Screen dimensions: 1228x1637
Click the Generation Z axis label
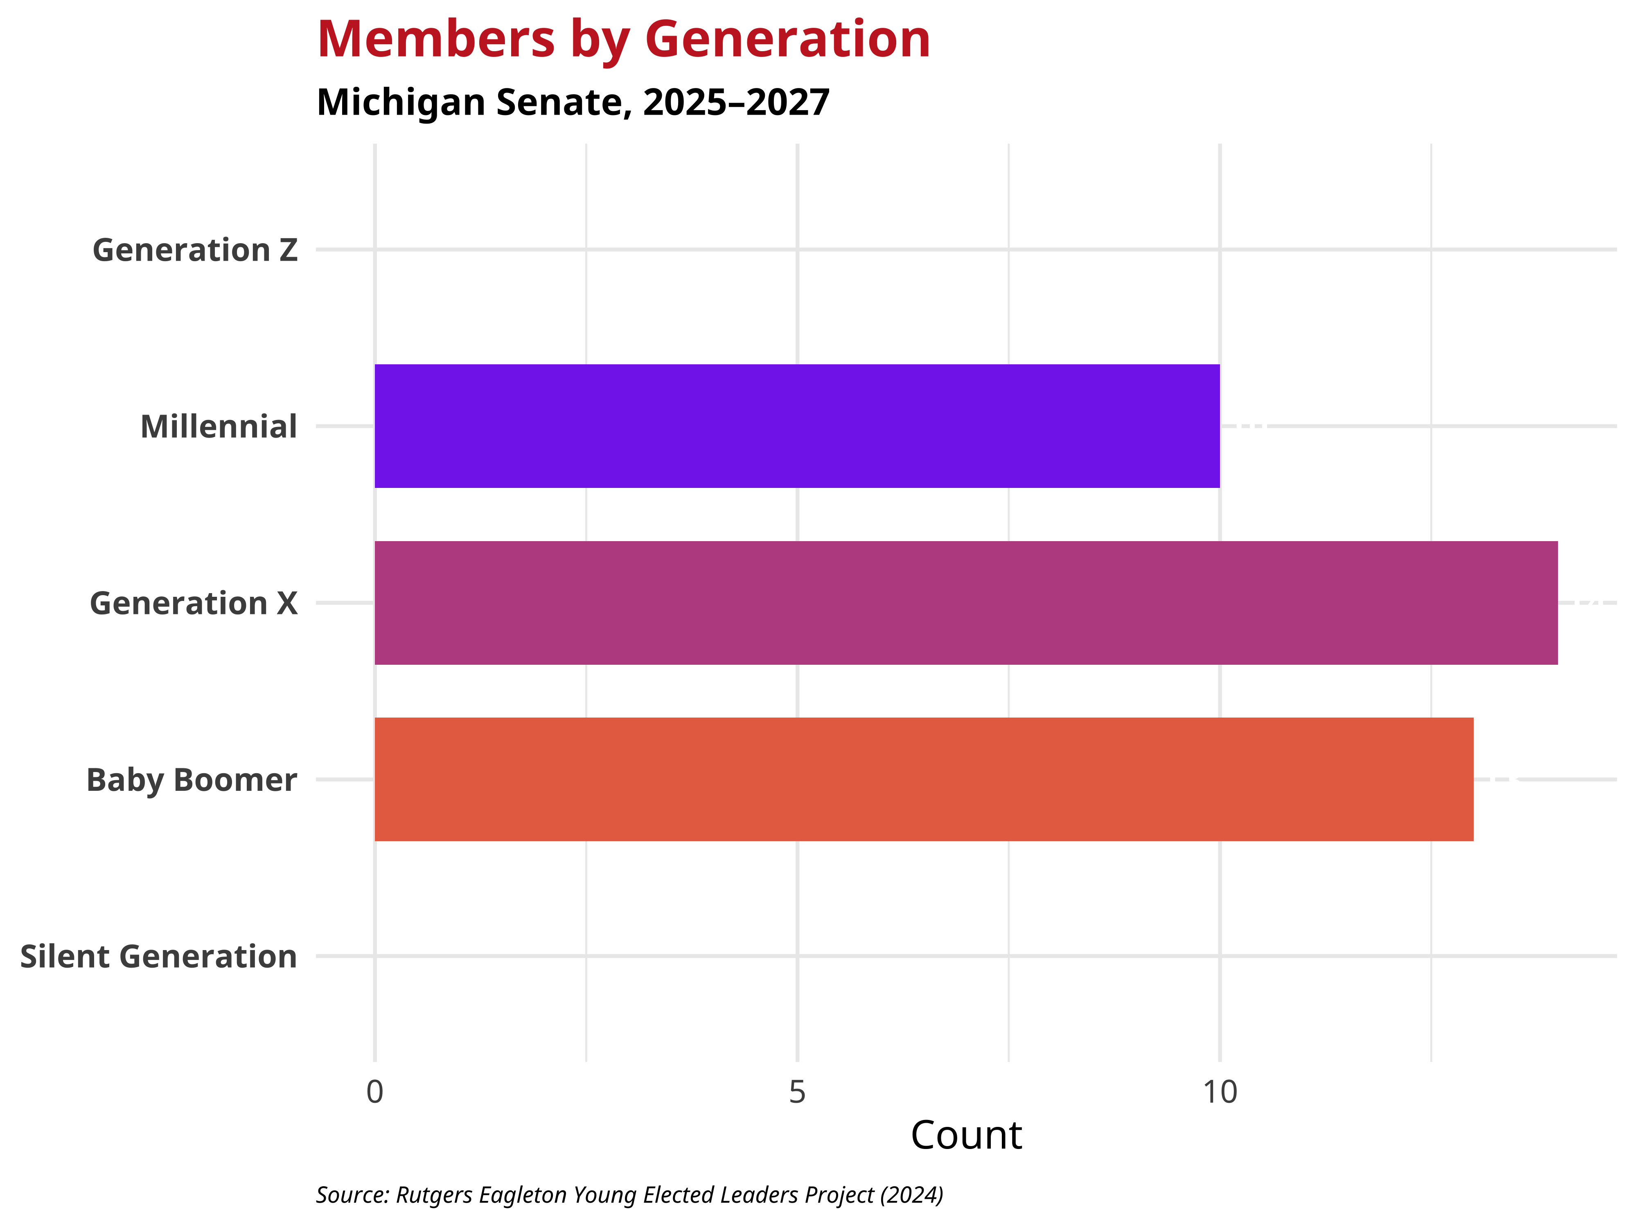pos(195,250)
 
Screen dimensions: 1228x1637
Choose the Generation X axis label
pos(193,603)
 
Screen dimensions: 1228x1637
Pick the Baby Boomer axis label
pos(192,780)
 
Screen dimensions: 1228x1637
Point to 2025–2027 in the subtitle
pos(736,102)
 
